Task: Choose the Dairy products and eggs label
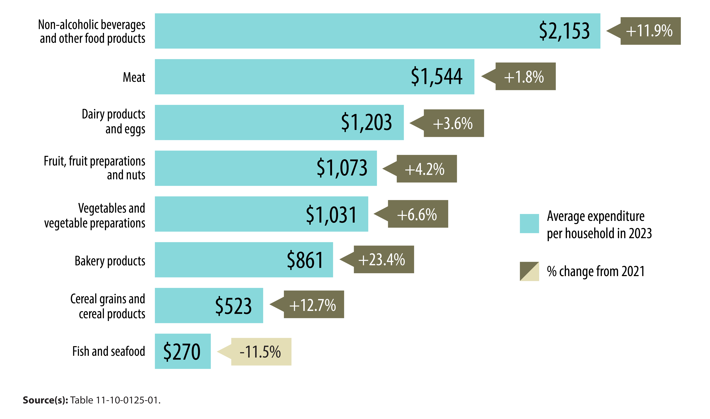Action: [114, 122]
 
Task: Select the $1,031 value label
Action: [331, 215]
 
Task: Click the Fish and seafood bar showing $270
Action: [182, 351]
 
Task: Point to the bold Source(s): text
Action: [45, 400]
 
